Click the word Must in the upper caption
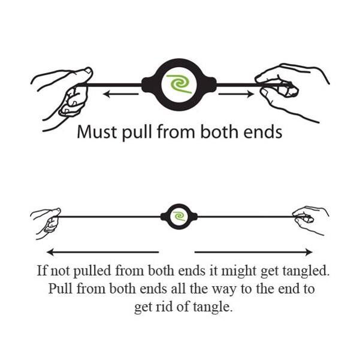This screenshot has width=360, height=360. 96,132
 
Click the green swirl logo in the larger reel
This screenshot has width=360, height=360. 179,84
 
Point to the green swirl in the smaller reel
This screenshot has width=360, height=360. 179,216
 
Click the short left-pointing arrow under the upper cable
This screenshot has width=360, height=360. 121,93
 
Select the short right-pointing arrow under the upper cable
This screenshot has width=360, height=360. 236,93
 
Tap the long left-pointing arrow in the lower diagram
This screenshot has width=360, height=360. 102,252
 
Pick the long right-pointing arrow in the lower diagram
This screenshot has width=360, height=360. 253,252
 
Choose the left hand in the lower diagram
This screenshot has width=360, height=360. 47,223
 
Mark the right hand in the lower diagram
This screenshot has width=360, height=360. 310,220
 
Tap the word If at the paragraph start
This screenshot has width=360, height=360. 41,270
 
